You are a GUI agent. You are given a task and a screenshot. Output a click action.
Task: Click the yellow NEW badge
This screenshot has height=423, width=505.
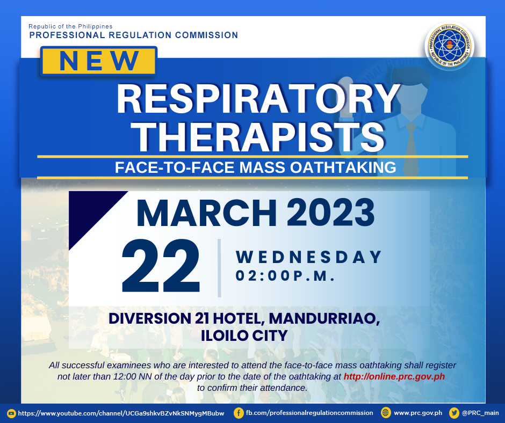point(98,61)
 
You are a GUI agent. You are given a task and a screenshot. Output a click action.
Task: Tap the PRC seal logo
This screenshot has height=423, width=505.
point(449,46)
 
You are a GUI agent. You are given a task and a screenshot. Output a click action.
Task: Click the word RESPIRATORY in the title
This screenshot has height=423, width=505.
point(258,99)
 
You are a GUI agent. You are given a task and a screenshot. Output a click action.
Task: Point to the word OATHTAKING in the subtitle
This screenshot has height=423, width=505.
point(343,167)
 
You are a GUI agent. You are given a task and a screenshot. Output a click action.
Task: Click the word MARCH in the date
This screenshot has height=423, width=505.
point(206,213)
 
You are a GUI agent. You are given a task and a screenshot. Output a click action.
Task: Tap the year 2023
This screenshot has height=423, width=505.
point(330,213)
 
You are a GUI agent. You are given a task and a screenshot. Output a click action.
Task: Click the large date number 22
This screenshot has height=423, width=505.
point(161,266)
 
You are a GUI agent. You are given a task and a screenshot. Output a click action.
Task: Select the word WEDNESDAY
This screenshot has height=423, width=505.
point(308,257)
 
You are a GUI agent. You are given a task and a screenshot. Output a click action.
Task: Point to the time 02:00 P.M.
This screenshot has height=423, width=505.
point(285,276)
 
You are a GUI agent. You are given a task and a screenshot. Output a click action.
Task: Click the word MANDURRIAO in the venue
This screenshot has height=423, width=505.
point(324,319)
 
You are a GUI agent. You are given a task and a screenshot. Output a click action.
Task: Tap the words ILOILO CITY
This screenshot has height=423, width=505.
point(244,336)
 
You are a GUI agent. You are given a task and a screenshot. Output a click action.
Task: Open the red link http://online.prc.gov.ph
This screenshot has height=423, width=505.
point(394,377)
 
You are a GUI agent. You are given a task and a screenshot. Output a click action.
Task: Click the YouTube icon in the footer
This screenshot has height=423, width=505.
point(12,413)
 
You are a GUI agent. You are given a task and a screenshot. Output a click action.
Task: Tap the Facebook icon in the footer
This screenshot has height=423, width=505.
point(239,413)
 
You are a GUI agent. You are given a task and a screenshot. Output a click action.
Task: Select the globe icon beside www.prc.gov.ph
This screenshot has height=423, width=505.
point(386,413)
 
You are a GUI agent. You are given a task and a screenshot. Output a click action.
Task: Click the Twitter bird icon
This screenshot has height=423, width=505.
point(454,413)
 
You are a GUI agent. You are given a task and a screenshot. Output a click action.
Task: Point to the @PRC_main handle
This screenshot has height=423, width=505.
point(480,413)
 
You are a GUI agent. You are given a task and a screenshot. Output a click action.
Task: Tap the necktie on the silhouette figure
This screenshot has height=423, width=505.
point(411,148)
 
